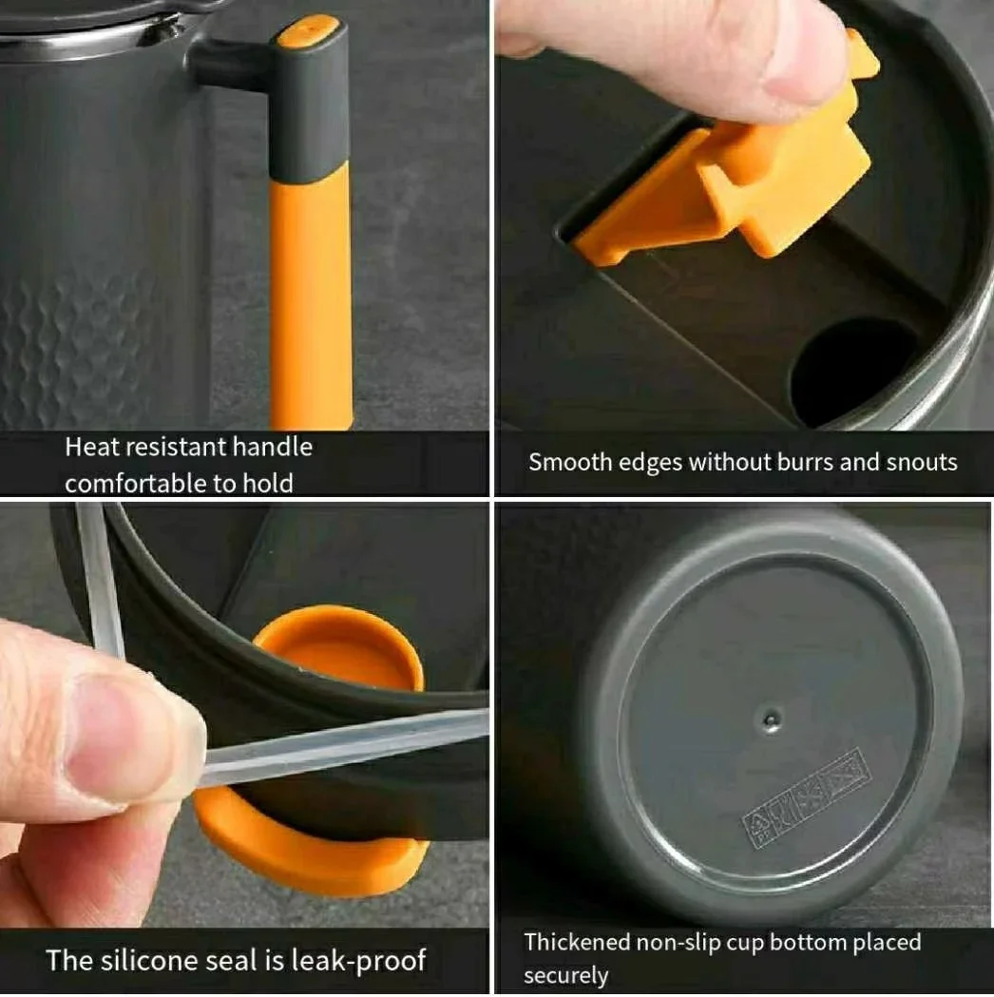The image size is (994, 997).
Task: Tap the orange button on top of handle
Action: [307, 31]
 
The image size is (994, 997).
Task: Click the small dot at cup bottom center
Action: [771, 719]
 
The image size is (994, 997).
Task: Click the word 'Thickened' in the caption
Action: [577, 943]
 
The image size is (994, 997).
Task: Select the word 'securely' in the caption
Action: [565, 976]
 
